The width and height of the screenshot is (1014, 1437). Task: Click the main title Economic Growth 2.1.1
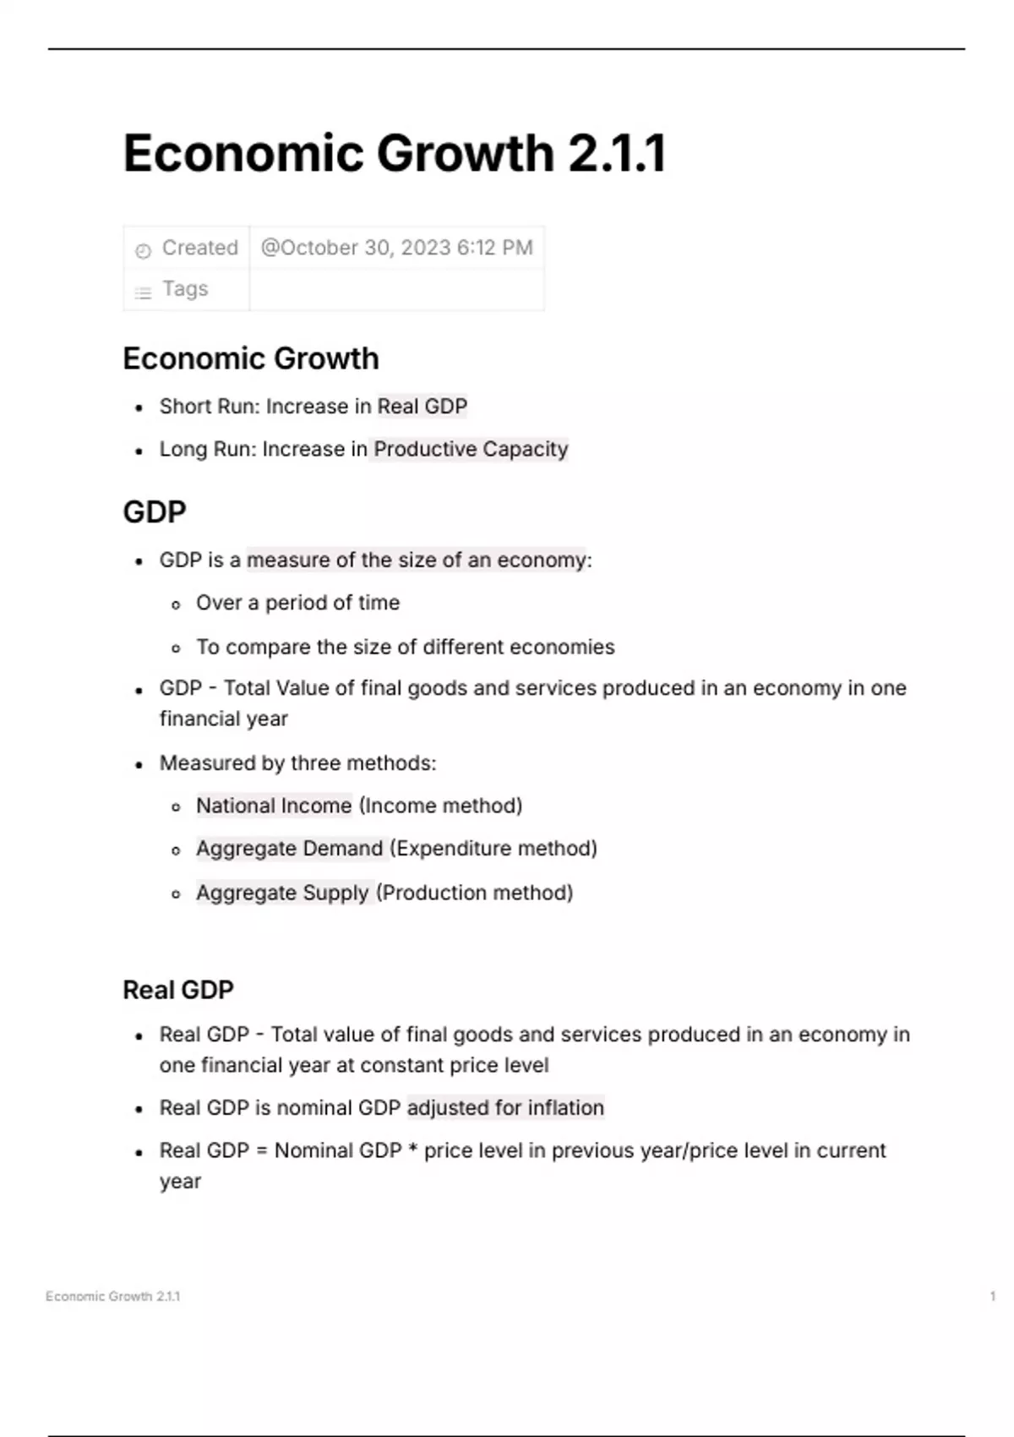(395, 154)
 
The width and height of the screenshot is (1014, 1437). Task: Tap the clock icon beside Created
(143, 250)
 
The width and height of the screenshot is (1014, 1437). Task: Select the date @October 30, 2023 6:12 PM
(396, 248)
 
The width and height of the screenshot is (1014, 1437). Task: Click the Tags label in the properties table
(185, 289)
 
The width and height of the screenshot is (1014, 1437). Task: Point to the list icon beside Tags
(143, 292)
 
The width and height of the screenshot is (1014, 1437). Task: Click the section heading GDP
(155, 512)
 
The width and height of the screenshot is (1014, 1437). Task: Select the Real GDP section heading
(178, 990)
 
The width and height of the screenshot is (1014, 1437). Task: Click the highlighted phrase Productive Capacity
(471, 449)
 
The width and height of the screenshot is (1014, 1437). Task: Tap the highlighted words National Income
(274, 806)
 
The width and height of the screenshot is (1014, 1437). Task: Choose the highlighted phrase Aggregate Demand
(289, 848)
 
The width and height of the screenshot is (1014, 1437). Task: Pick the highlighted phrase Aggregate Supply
(282, 893)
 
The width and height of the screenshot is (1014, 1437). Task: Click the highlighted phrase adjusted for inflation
(505, 1107)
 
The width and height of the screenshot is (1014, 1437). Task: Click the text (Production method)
(475, 893)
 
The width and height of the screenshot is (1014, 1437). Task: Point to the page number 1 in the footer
(992, 1296)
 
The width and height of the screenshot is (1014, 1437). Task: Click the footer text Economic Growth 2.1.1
(113, 1296)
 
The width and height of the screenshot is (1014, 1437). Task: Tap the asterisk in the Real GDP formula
(413, 1150)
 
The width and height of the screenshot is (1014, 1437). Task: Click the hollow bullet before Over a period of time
(176, 604)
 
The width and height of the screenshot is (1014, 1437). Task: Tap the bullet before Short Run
(139, 408)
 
